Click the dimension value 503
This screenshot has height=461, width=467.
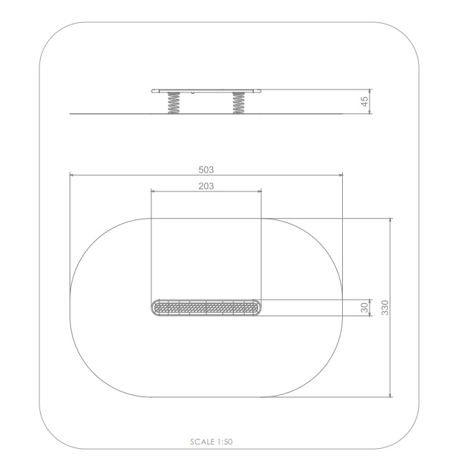click(x=206, y=170)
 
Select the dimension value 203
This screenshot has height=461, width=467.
click(x=206, y=186)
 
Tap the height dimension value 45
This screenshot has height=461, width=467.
click(x=364, y=102)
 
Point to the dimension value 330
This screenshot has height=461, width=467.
click(x=385, y=308)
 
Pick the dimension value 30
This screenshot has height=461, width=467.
click(x=364, y=308)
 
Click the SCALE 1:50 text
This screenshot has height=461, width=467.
click(x=211, y=442)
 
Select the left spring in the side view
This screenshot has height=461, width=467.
click(x=174, y=103)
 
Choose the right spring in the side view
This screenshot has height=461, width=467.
click(x=239, y=103)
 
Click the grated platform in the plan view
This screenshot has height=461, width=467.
click(x=206, y=308)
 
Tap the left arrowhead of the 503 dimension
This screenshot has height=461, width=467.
click(x=72, y=175)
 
